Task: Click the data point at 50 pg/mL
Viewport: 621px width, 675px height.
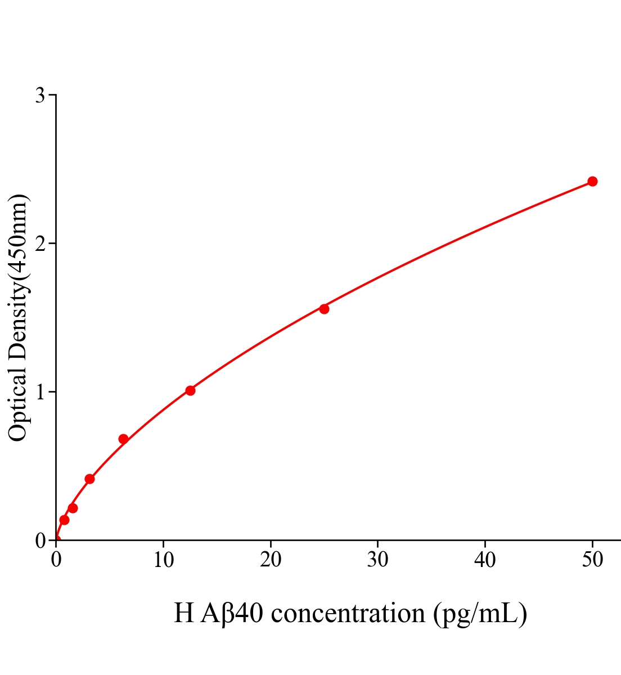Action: tap(592, 181)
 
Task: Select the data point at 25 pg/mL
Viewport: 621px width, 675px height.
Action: tap(324, 309)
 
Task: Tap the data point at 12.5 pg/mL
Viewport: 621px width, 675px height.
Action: tap(190, 390)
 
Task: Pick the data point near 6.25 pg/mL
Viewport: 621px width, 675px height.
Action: tap(123, 439)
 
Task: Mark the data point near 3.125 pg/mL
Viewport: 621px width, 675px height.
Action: tap(89, 479)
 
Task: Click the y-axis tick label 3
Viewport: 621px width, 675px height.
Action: tap(40, 96)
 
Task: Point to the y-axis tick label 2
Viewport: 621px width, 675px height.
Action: tap(40, 244)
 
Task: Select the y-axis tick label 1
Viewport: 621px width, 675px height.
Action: tap(40, 392)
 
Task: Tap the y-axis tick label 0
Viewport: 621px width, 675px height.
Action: tap(40, 541)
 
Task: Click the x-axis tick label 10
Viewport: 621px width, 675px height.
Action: tap(163, 560)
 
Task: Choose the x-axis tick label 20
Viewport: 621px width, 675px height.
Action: tap(271, 560)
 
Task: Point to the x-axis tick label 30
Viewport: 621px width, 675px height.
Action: tap(377, 560)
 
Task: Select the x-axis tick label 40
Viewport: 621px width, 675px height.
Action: tap(485, 560)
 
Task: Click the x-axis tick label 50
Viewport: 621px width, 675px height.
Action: tap(592, 560)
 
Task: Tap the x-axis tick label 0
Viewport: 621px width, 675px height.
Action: tap(56, 560)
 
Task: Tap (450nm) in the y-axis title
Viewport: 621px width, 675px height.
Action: tap(18, 236)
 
